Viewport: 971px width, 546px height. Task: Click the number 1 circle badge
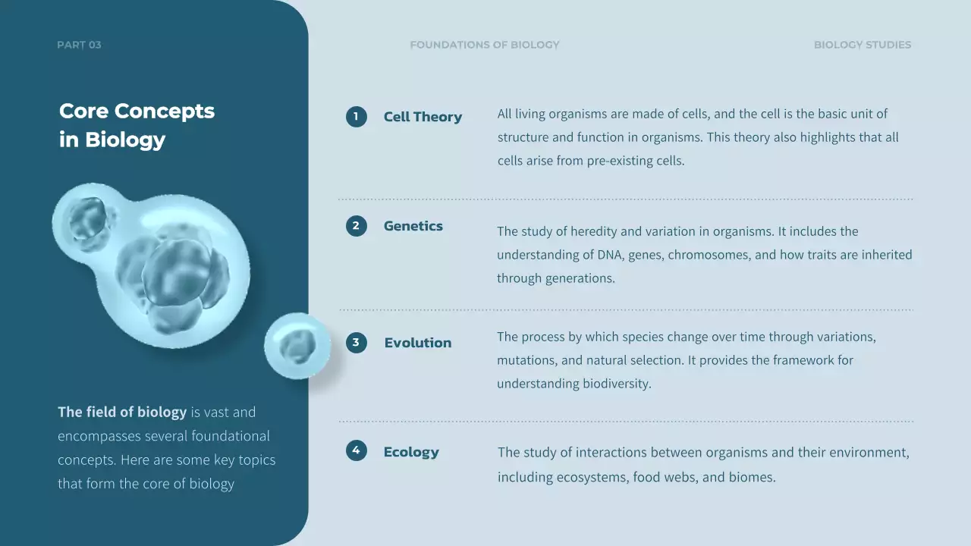356,117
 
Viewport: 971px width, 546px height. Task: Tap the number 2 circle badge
356,226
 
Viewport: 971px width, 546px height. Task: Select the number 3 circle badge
356,343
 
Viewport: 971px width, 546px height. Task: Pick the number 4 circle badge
356,451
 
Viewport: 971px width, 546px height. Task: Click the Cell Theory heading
423,117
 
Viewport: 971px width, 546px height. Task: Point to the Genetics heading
413,226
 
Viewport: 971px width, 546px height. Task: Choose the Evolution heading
417,343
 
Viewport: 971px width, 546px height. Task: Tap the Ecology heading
411,452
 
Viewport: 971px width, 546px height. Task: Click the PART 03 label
79,45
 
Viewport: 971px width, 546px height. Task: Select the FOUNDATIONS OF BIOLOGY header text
484,45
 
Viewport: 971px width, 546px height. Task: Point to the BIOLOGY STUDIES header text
862,45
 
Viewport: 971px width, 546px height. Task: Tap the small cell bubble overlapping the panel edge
297,346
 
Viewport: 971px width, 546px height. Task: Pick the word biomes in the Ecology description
751,478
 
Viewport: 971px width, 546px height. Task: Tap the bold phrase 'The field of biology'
122,413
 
